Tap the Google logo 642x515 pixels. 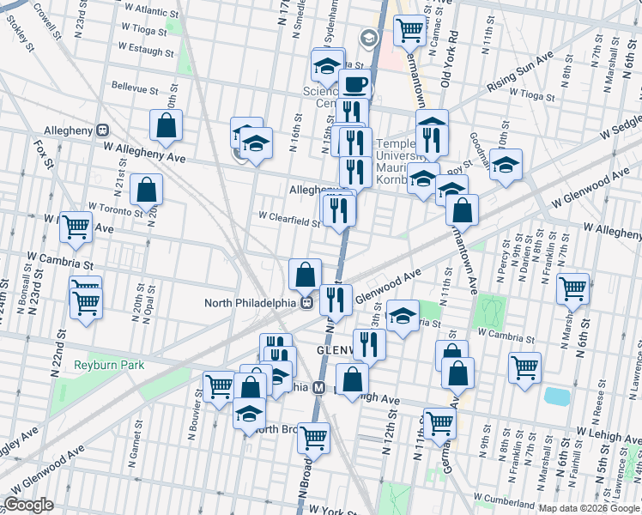29,505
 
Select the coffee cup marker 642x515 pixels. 355,85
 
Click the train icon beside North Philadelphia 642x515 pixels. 306,302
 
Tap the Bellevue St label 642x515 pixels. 136,88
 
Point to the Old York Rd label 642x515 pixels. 445,59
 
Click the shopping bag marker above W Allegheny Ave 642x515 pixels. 166,125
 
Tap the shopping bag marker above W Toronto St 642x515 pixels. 148,190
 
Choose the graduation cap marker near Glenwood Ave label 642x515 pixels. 403,316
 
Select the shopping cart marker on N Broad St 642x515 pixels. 313,437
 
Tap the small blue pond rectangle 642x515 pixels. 557,397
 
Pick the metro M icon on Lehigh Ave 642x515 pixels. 317,387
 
